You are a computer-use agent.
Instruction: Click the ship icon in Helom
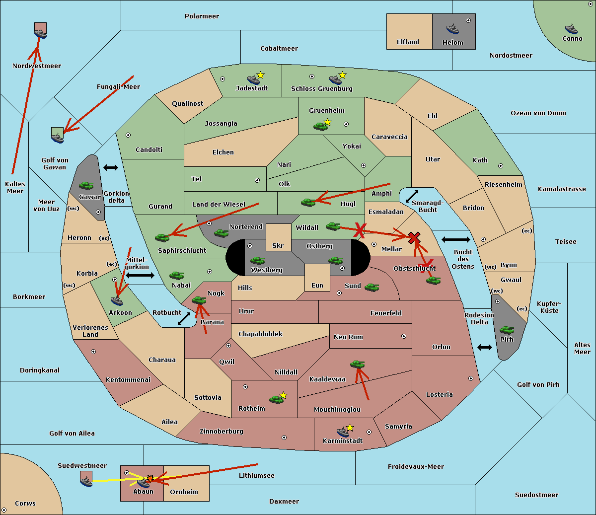pyautogui.click(x=452, y=29)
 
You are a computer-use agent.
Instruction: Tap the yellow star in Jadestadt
pyautogui.click(x=260, y=75)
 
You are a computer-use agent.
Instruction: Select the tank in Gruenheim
pyautogui.click(x=320, y=126)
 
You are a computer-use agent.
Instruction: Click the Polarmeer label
pyautogui.click(x=202, y=16)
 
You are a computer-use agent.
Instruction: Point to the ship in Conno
pyautogui.click(x=571, y=29)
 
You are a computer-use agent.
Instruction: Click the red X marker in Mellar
pyautogui.click(x=414, y=237)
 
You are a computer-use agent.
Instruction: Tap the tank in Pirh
pyautogui.click(x=507, y=330)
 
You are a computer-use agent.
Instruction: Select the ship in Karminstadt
pyautogui.click(x=343, y=432)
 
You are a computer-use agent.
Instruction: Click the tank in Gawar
pyautogui.click(x=86, y=185)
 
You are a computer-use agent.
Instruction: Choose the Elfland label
pyautogui.click(x=408, y=42)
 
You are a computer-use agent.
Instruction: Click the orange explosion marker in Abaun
pyautogui.click(x=150, y=479)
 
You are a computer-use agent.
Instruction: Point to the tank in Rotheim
pyautogui.click(x=276, y=399)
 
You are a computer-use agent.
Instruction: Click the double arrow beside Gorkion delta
pyautogui.click(x=111, y=167)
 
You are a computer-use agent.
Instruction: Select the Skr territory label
pyautogui.click(x=278, y=245)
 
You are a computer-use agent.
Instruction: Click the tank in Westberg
pyautogui.click(x=257, y=261)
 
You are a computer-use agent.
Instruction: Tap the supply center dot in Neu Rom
pyautogui.click(x=404, y=336)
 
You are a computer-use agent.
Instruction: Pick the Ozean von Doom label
pyautogui.click(x=538, y=113)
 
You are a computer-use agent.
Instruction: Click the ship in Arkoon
pyautogui.click(x=117, y=301)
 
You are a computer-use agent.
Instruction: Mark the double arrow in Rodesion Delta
pyautogui.click(x=485, y=348)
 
